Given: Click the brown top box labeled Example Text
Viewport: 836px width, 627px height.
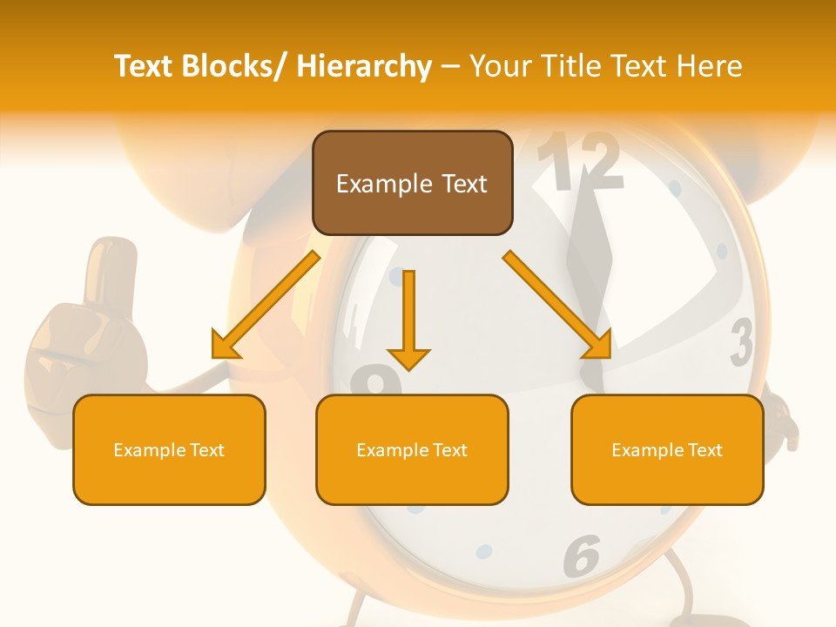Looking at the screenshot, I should click(412, 183).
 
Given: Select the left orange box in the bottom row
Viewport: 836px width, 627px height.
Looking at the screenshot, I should click(169, 449).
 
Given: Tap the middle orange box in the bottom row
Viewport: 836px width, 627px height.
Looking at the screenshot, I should click(412, 449).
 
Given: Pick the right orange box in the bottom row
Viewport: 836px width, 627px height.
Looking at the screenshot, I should click(667, 449).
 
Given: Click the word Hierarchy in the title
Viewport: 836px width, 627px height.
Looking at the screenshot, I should click(364, 66).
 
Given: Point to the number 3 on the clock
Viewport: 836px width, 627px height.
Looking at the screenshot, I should click(741, 343).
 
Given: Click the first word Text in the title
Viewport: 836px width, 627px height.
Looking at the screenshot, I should click(144, 66).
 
